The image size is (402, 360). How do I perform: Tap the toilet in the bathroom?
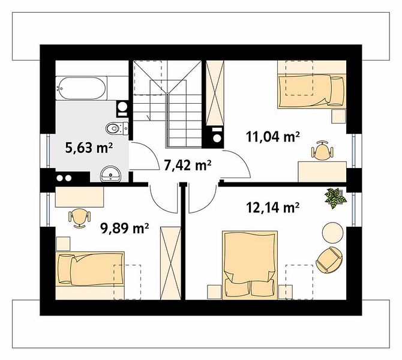117,128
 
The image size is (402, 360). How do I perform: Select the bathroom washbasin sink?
111,174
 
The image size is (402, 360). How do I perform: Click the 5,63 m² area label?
89,148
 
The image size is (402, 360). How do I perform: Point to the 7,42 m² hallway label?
187,165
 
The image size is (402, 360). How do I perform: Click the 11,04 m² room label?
273,136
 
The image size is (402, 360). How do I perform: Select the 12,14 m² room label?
273,207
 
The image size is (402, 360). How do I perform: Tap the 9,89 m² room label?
125,228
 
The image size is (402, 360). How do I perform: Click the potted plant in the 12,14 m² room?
335,197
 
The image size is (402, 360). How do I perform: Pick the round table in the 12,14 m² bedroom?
332,232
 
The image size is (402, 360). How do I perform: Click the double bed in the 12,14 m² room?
250,265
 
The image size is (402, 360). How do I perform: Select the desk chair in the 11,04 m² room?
322,150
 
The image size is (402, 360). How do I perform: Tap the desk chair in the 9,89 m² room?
79,218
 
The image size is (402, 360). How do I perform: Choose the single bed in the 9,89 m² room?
90,269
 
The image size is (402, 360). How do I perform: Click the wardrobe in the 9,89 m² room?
170,263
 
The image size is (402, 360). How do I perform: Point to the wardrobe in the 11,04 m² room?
215,93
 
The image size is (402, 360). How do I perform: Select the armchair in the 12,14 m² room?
330,260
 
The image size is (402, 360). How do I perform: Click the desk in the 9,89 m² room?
79,197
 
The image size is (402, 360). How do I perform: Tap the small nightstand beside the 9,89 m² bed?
63,244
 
